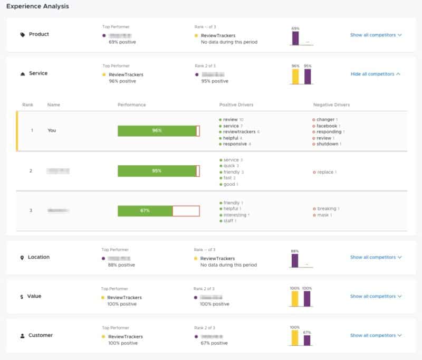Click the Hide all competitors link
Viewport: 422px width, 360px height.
click(375, 74)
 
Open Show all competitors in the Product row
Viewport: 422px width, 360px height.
click(376, 35)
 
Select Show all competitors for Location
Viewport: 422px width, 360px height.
click(376, 257)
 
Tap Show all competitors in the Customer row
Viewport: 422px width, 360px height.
click(376, 335)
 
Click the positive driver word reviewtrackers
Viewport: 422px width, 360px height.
click(241, 131)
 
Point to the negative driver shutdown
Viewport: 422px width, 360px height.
click(327, 144)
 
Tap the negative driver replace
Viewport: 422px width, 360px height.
click(325, 172)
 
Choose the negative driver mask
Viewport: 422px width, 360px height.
click(323, 215)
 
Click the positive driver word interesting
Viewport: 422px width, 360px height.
click(235, 215)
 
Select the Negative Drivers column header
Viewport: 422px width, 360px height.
click(331, 105)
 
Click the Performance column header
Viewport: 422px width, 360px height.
click(131, 105)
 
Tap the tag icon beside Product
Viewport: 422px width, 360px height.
click(22, 35)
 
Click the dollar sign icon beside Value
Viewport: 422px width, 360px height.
click(22, 297)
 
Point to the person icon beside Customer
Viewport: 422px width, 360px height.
click(22, 336)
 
